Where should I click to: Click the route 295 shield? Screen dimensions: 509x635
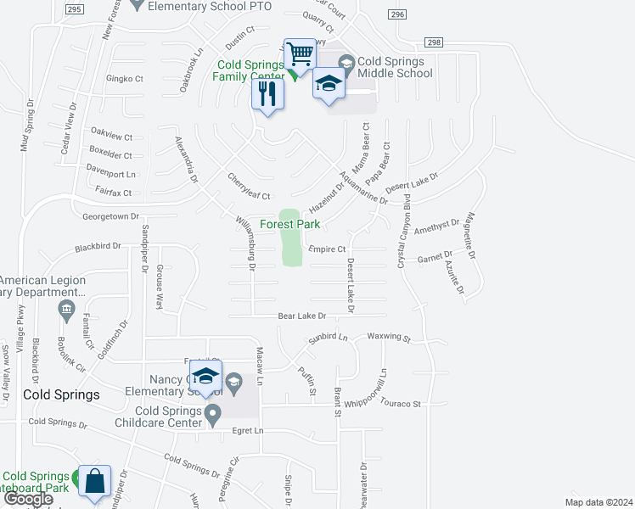tap(74, 9)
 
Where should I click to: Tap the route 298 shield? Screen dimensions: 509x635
tap(435, 42)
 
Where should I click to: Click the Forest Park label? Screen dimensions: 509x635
tap(289, 225)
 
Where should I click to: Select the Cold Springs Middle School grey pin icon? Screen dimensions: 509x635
tap(346, 63)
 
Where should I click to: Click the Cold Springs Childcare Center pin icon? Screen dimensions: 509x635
tap(213, 415)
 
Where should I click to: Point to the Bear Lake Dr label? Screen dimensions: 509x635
tap(302, 316)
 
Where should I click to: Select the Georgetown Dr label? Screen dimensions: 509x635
tap(110, 217)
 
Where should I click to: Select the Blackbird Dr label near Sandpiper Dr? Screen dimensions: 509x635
tap(98, 248)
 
